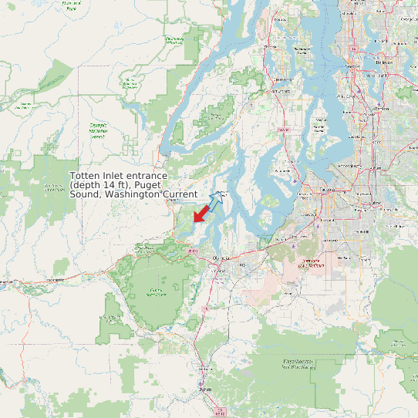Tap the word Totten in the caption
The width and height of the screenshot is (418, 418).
coord(85,177)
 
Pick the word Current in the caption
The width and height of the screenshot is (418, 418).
coord(180,195)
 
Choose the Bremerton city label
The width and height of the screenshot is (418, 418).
coord(284,79)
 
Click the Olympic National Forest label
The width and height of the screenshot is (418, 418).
coord(98,129)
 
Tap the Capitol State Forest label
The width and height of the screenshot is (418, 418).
coord(157,292)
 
